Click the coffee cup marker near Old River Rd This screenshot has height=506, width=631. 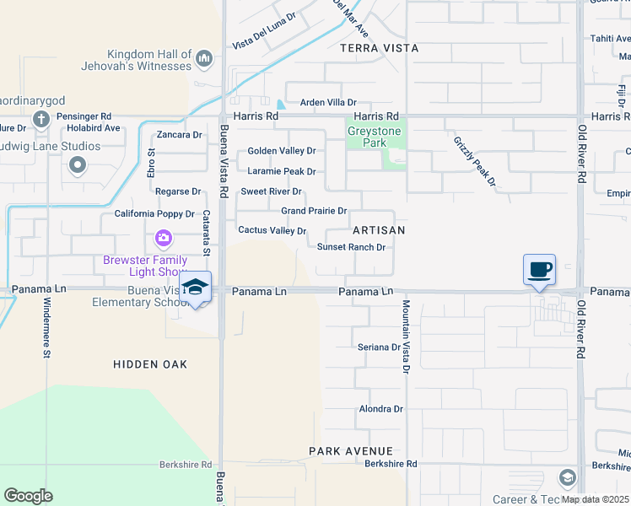coord(539,270)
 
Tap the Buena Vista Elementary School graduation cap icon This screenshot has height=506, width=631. coord(195,288)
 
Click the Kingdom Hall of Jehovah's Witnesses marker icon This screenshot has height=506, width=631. coord(203,59)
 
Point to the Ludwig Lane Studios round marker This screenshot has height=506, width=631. coord(78,165)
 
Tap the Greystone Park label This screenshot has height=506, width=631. coord(376,137)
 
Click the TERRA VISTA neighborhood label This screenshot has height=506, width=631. coord(379,48)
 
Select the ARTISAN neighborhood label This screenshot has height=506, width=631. coord(379,229)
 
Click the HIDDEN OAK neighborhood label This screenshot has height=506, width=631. coord(150,363)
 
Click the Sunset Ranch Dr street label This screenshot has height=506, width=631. coord(351,247)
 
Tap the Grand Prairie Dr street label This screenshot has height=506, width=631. coord(314,210)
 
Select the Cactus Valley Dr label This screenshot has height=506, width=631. coord(272,230)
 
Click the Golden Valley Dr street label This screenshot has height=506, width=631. coord(281,151)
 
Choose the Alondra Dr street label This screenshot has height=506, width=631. coord(381,408)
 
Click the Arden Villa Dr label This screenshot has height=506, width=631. coord(329,102)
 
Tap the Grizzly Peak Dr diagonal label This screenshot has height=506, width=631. coord(475,162)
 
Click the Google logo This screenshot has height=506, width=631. coord(28,496)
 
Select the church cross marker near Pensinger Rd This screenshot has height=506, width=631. coord(40,119)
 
